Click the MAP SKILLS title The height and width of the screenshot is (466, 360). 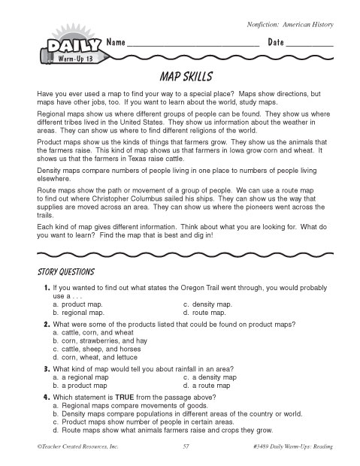[x=180, y=77]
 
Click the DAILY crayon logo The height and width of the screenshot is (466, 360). [x=63, y=47]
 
